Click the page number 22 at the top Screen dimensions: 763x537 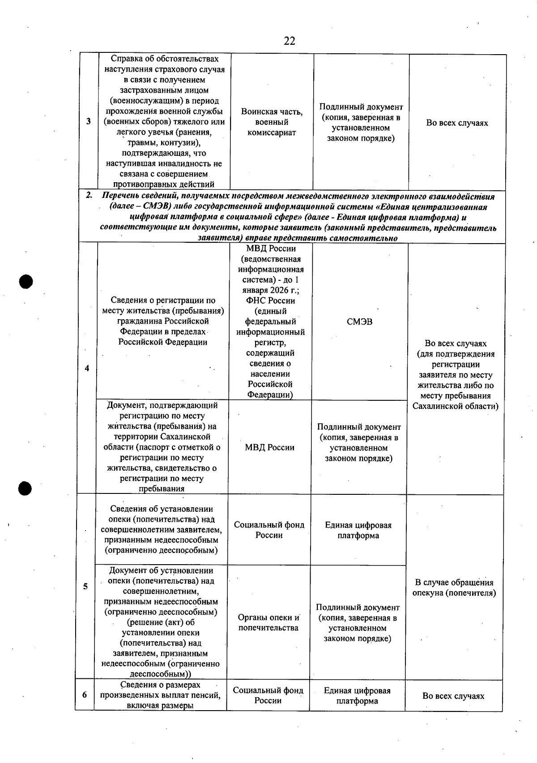[289, 41]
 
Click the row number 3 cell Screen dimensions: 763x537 [88, 121]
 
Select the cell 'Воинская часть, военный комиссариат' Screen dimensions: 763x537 [272, 122]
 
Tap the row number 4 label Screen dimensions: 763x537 [87, 368]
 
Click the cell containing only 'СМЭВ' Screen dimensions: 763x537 [359, 321]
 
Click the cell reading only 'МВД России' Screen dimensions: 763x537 [269, 447]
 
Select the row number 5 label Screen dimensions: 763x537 [85, 586]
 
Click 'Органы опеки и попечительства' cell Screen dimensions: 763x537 [268, 622]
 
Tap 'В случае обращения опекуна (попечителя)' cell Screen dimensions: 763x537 [454, 587]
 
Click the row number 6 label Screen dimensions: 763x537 [85, 695]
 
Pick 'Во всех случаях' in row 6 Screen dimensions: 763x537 [453, 696]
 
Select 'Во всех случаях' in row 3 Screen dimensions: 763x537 [457, 123]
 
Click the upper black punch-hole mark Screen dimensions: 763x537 [26, 281]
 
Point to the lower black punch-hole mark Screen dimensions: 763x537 [26, 488]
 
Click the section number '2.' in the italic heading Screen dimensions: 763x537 [89, 196]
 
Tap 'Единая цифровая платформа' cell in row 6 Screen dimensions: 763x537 [357, 695]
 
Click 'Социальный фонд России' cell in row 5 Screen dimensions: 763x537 [269, 530]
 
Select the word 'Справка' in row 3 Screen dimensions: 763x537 [126, 59]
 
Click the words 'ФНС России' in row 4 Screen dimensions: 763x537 [270, 300]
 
